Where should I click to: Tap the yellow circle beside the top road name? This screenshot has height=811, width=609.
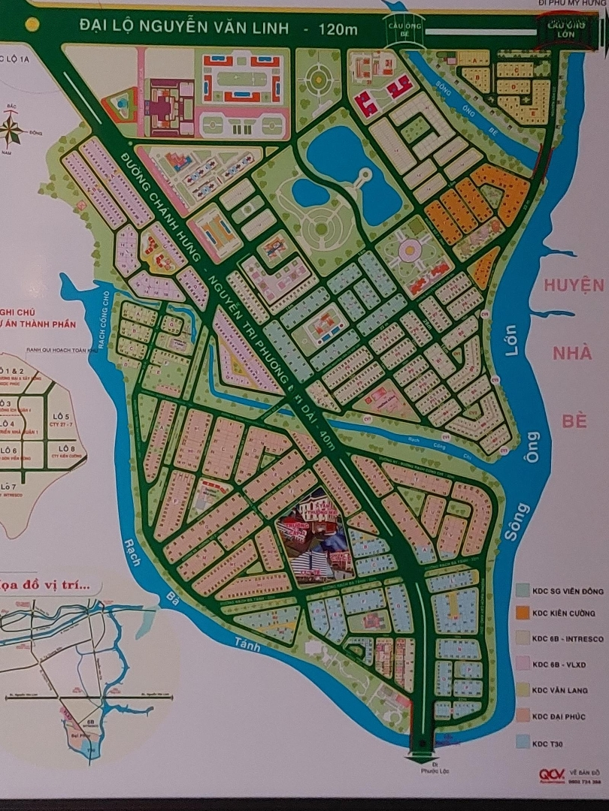pyautogui.click(x=32, y=24)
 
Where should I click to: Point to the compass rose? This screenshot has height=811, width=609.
pyautogui.click(x=13, y=130)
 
